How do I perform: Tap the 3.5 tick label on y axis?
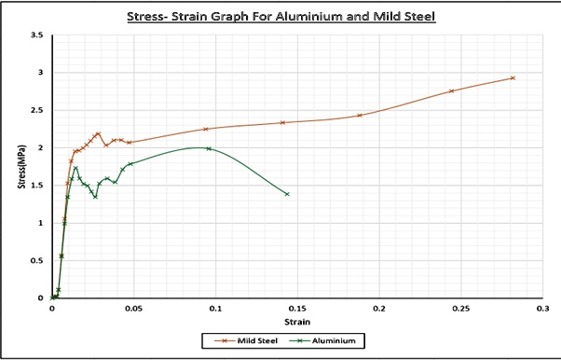coord(36,35)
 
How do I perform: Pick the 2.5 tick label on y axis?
coord(36,110)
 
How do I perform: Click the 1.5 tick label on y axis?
coord(36,186)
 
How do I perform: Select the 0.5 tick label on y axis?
coord(36,260)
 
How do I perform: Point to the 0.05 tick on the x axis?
coord(133,307)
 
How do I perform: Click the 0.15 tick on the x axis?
coord(297,307)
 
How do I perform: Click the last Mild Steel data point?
coord(513,78)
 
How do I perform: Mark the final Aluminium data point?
coord(287,194)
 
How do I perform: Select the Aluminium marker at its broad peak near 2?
coord(208,148)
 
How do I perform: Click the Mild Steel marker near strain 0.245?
coord(451,90)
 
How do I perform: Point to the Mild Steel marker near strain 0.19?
coord(360,116)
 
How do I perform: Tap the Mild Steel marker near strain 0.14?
coord(282,122)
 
